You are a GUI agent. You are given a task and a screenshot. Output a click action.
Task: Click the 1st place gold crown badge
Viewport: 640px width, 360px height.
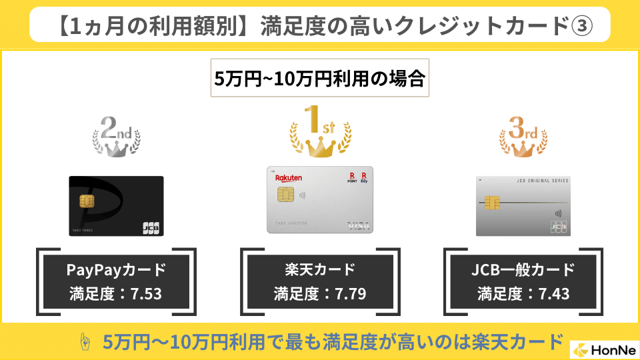(320, 131)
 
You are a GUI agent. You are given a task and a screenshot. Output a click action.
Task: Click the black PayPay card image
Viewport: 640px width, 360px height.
(116, 206)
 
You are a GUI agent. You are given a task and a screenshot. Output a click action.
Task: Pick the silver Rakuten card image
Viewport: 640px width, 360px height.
(320, 199)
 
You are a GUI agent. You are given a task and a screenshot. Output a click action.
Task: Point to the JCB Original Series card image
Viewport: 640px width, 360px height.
(523, 206)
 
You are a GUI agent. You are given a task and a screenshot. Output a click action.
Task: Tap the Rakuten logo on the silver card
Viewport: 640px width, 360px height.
(289, 177)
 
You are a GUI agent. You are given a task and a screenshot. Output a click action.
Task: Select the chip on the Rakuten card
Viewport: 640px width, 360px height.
(285, 195)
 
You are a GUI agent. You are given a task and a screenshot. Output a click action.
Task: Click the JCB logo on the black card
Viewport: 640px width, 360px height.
(151, 227)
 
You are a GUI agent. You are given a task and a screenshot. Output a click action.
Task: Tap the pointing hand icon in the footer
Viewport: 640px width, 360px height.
(85, 341)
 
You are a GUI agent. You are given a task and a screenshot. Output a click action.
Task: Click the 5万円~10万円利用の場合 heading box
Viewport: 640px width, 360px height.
(319, 79)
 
